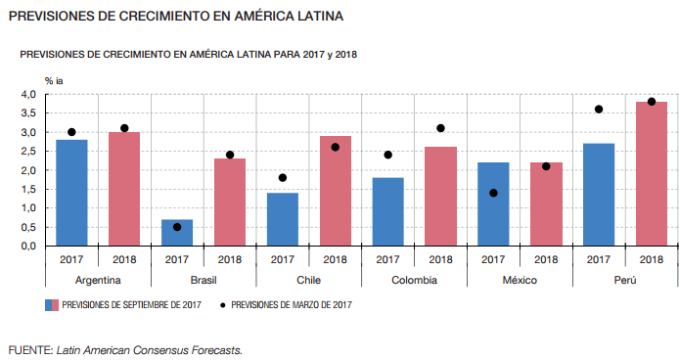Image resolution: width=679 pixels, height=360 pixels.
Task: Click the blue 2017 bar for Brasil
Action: click(x=177, y=233)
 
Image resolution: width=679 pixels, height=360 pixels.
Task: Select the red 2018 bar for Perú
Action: click(x=652, y=174)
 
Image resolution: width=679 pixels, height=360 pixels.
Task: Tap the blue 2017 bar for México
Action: click(x=493, y=204)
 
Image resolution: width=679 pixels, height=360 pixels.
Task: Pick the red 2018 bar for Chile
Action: click(x=336, y=191)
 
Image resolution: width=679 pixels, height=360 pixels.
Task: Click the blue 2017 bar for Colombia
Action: click(x=388, y=212)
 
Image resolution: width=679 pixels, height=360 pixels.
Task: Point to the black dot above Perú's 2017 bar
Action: click(x=599, y=110)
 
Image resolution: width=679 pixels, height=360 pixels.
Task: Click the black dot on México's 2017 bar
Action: click(x=493, y=193)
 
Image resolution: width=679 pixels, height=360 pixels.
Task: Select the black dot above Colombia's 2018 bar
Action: click(x=440, y=128)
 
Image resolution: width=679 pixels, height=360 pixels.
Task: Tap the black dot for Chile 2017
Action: click(x=283, y=178)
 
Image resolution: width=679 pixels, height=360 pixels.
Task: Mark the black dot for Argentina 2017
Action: click(x=71, y=132)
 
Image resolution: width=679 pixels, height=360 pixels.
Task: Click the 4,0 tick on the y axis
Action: click(x=28, y=95)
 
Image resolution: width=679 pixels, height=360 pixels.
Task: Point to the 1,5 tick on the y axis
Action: click(x=28, y=190)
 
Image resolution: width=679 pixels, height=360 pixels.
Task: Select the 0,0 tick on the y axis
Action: click(x=28, y=247)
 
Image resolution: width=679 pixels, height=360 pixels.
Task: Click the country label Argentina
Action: click(x=98, y=281)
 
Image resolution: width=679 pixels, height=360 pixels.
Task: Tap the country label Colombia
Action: click(x=414, y=281)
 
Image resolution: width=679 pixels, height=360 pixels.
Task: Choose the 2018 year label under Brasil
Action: click(x=230, y=259)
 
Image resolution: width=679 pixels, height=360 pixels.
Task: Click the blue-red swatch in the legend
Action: click(x=52, y=305)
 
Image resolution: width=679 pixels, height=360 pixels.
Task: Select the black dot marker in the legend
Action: click(x=222, y=305)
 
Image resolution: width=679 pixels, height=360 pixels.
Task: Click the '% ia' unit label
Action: click(x=54, y=81)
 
